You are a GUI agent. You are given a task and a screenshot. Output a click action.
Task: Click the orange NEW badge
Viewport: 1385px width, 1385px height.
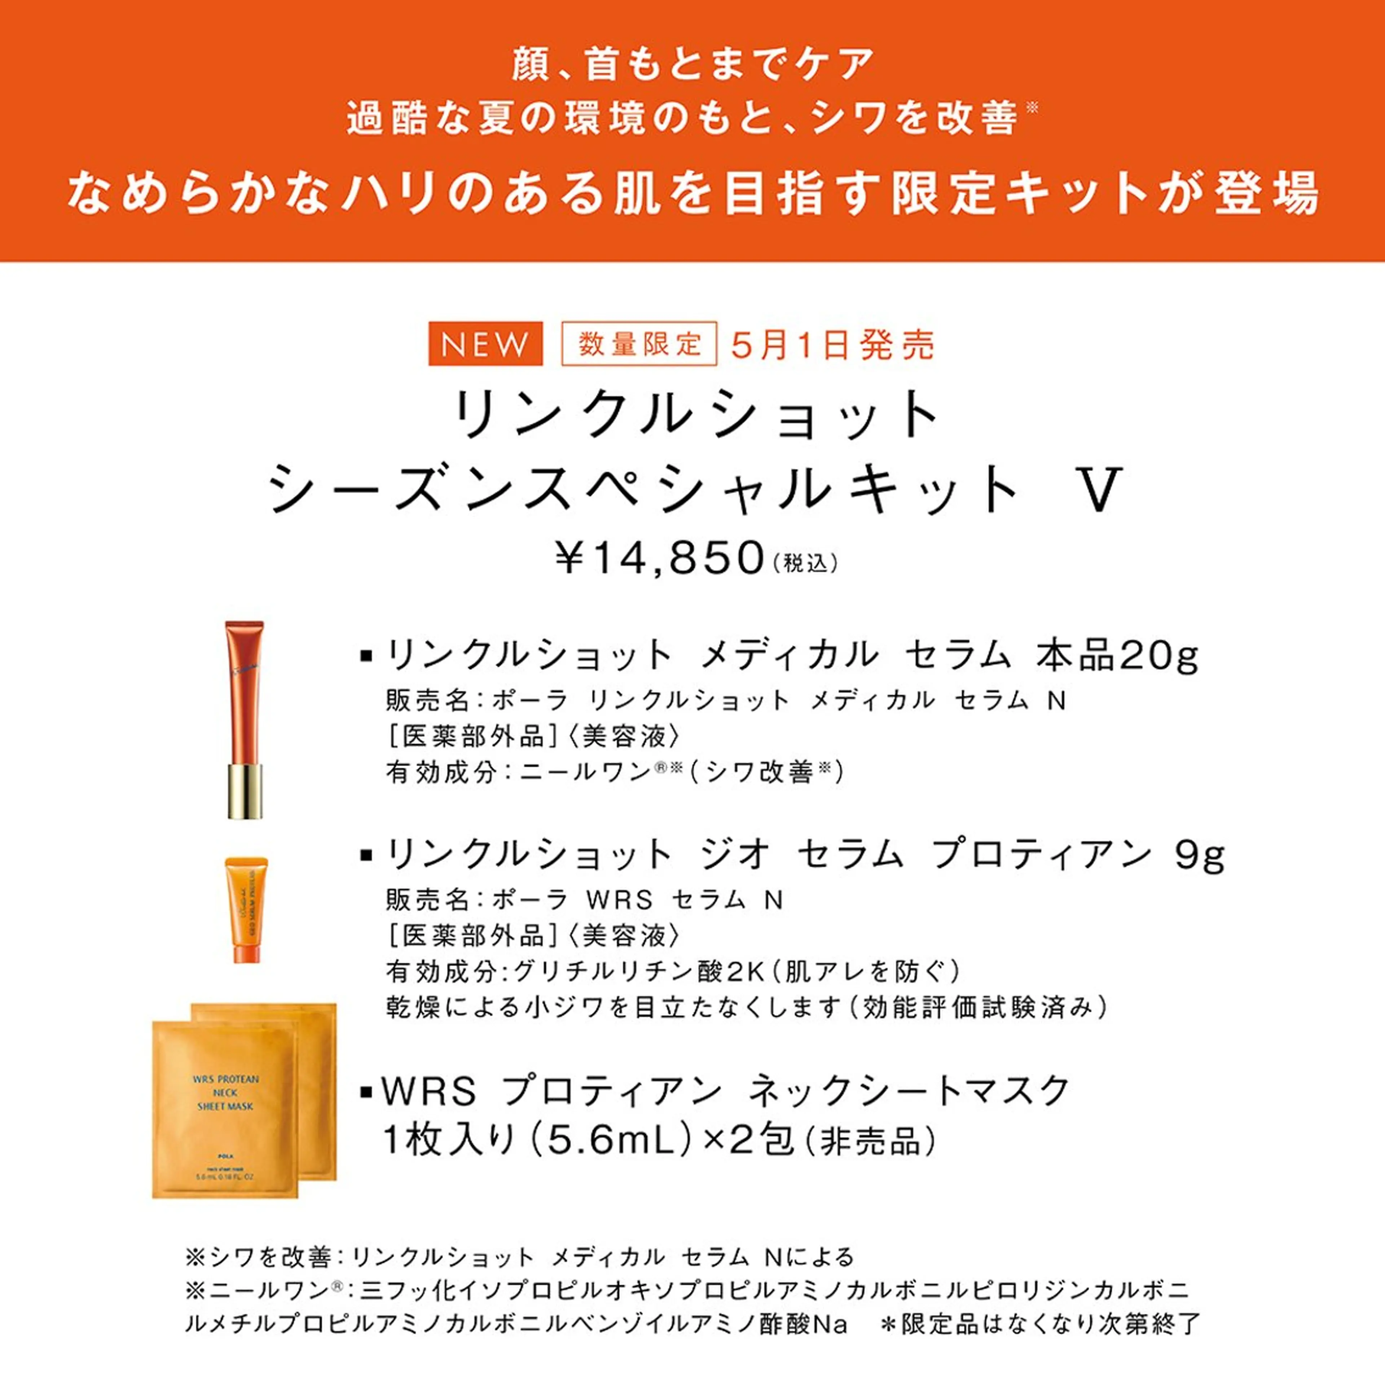[x=485, y=344]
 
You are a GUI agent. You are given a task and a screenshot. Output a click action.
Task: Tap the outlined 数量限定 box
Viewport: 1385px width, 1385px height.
[x=639, y=344]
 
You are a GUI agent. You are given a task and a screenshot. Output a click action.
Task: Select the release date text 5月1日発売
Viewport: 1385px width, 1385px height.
[x=833, y=345]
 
